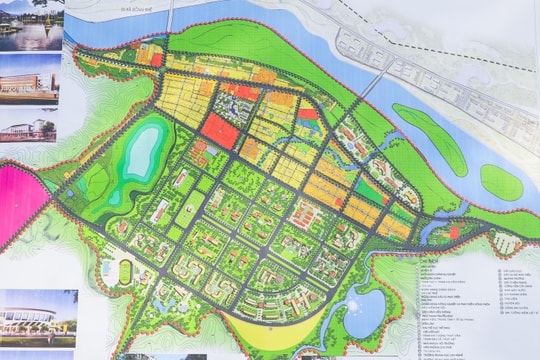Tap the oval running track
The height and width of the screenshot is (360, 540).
125,272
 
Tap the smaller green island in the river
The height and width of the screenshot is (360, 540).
500,182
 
